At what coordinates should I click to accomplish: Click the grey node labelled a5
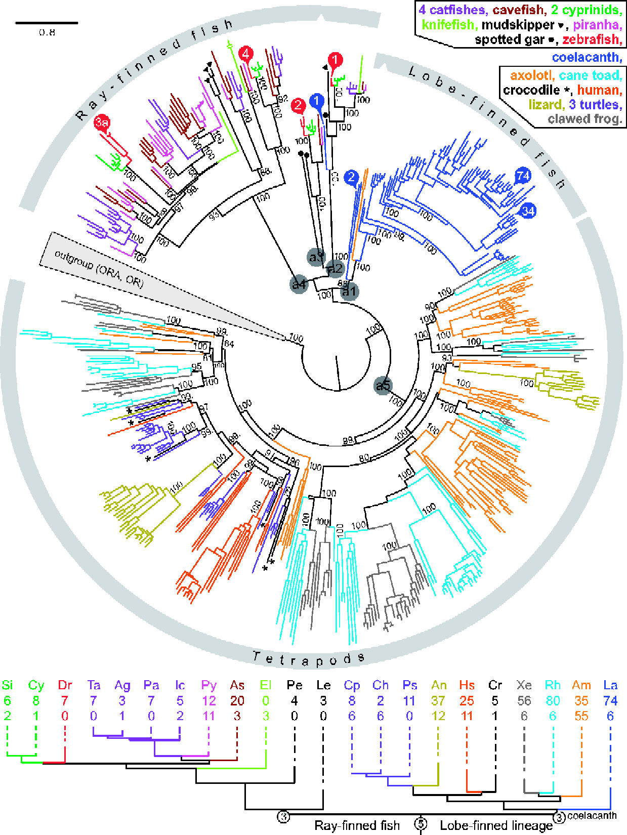pyautogui.click(x=383, y=386)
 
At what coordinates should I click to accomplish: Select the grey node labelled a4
pyautogui.click(x=299, y=284)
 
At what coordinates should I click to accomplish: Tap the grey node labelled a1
pyautogui.click(x=349, y=291)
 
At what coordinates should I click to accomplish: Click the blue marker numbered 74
pyautogui.click(x=523, y=176)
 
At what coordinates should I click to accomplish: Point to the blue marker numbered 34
pyautogui.click(x=528, y=211)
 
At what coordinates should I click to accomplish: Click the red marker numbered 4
pyautogui.click(x=246, y=53)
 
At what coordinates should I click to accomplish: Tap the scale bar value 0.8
pyautogui.click(x=47, y=32)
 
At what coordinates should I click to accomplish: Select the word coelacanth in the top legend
pyautogui.click(x=586, y=58)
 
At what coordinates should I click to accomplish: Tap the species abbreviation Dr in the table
pyautogui.click(x=65, y=685)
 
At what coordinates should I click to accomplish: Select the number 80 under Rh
pyautogui.click(x=553, y=701)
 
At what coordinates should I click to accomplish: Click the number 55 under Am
pyautogui.click(x=581, y=716)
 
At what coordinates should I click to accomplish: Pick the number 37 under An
pyautogui.click(x=438, y=701)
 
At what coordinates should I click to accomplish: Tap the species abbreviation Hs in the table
pyautogui.click(x=467, y=685)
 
